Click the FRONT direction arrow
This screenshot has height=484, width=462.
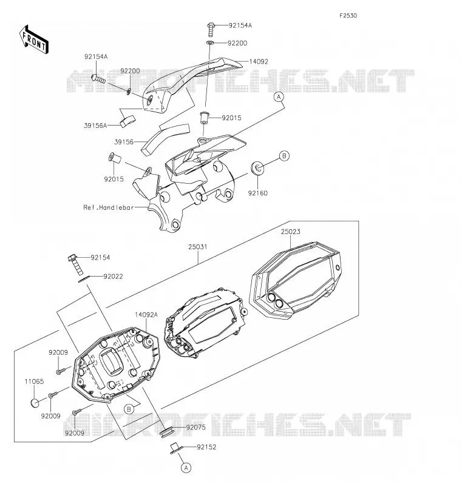(34, 40)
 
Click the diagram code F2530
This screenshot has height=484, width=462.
(348, 16)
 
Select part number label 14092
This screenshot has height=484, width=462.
(259, 61)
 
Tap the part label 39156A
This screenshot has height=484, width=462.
(95, 126)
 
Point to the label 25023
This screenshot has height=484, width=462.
(290, 232)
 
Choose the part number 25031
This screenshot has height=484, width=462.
(198, 247)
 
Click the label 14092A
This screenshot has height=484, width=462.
(146, 315)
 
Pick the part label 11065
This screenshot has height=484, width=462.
(35, 381)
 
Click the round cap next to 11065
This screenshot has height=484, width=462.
(36, 403)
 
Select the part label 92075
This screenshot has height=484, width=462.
(195, 428)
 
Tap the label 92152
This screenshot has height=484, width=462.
(206, 447)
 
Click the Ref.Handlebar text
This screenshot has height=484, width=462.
(109, 207)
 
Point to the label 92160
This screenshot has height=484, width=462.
(258, 193)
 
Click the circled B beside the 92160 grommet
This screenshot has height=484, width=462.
(284, 156)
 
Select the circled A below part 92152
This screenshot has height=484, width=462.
(186, 468)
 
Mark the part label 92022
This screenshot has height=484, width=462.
(113, 277)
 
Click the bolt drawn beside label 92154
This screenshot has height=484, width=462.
(76, 264)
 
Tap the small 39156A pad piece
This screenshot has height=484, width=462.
(127, 121)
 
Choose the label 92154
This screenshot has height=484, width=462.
(100, 257)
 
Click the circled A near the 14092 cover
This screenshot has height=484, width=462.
(279, 97)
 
